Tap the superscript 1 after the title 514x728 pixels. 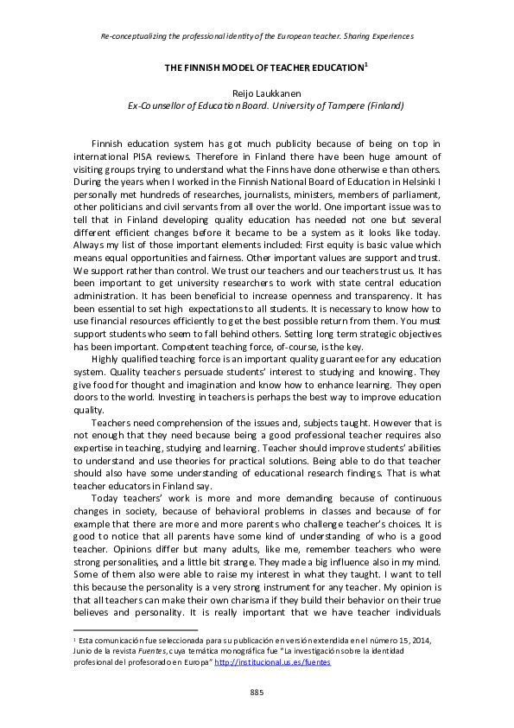tap(366, 65)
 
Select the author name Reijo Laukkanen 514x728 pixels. tap(257, 91)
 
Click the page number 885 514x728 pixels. tap(257, 693)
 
